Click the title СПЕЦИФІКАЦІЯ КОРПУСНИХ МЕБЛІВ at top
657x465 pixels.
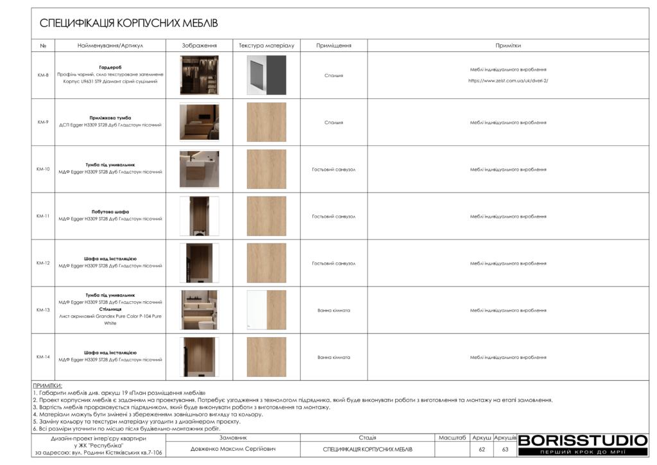[x=128, y=24]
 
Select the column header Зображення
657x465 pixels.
[x=199, y=46]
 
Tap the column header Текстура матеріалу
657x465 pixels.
[x=266, y=46]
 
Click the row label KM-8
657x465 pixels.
[x=43, y=75]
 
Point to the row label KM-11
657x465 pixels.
[x=43, y=216]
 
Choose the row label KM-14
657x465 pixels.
[x=43, y=357]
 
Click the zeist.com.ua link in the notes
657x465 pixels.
[x=508, y=81]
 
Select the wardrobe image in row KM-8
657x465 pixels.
[x=199, y=75]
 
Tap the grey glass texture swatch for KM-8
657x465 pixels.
[x=266, y=75]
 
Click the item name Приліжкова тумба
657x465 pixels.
[x=110, y=118]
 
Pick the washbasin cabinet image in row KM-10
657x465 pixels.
[x=199, y=169]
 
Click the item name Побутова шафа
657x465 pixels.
[x=110, y=211]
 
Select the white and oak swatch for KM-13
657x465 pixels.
[x=266, y=310]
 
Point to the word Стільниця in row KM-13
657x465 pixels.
[x=110, y=309]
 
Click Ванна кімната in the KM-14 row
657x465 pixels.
[x=334, y=357]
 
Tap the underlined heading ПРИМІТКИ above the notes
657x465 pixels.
[x=47, y=385]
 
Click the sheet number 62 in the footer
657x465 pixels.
[x=481, y=449]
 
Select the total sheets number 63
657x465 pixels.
[x=505, y=449]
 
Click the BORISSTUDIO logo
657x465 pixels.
[x=583, y=441]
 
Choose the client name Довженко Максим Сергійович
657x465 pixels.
[x=233, y=449]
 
